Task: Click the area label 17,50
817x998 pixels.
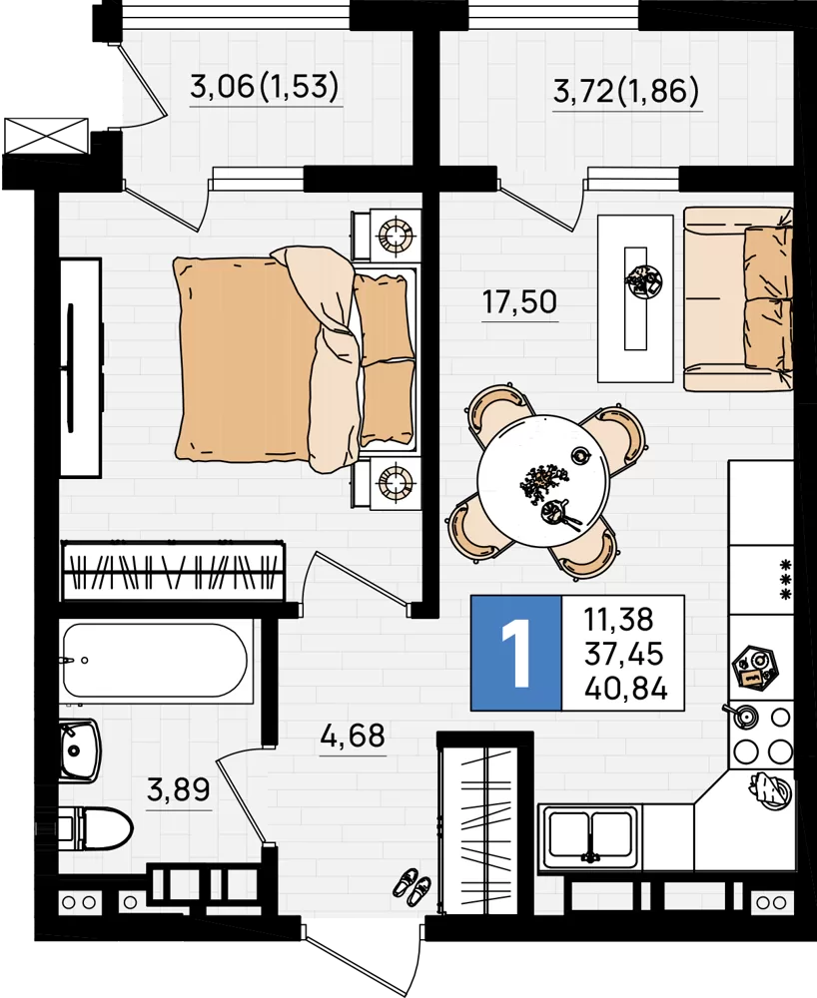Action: [519, 301]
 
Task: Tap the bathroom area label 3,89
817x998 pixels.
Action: [179, 789]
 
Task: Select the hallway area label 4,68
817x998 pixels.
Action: [353, 736]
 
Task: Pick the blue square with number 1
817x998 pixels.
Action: [515, 653]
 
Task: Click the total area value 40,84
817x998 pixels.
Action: [626, 689]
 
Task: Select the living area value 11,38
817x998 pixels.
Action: [618, 619]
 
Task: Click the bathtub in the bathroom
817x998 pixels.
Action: [155, 661]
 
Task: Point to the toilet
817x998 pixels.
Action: [96, 828]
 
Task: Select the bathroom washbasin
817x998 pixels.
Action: [80, 750]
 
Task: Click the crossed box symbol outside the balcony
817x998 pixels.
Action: [46, 136]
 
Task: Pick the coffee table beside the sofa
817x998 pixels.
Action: [635, 297]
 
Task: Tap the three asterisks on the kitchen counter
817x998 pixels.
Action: [786, 579]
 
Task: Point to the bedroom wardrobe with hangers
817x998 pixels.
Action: [173, 571]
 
